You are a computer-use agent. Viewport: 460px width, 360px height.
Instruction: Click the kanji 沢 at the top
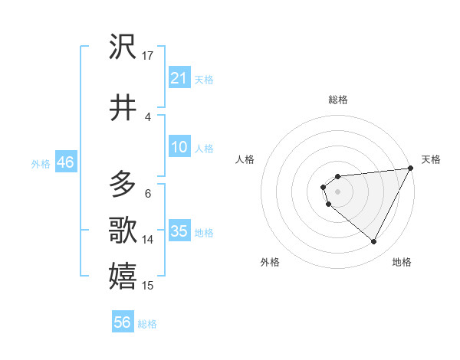coord(123,47)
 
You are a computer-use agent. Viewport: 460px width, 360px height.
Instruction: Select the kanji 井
coord(123,108)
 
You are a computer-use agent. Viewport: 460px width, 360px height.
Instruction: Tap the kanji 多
coord(123,184)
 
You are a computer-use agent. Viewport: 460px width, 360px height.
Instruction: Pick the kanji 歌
coord(123,230)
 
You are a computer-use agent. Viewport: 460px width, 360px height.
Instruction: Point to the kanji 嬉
coord(123,276)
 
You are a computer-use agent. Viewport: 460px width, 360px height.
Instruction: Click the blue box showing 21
coord(179,77)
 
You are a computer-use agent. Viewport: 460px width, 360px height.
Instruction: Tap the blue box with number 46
coord(65,162)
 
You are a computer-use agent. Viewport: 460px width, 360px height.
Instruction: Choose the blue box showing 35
coord(179,231)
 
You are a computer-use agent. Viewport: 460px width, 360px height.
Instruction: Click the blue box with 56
coord(123,322)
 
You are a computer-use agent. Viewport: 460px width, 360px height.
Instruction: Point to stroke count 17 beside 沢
coord(148,56)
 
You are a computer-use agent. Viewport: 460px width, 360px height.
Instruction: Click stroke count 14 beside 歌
coord(148,240)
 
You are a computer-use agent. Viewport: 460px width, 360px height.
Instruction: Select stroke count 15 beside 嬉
coord(148,286)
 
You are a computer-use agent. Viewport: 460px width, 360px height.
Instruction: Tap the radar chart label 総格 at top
coord(338,100)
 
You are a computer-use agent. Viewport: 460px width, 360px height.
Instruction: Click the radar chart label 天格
coord(431,159)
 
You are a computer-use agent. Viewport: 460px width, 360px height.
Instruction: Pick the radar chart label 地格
coord(402,262)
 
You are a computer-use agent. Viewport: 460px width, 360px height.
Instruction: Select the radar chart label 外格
coord(270,262)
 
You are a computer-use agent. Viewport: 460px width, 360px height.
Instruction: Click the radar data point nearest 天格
coord(411,169)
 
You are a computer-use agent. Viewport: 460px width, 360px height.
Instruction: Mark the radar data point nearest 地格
coord(373,242)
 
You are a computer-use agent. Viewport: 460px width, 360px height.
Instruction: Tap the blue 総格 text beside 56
coord(147,323)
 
